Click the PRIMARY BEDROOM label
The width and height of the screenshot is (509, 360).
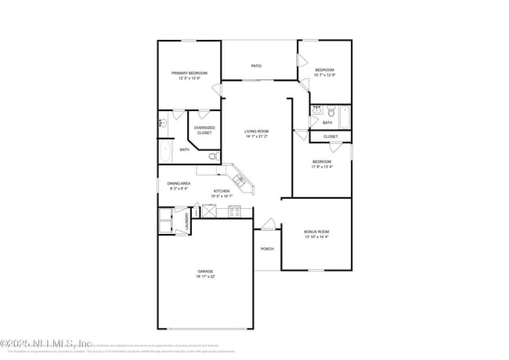(x=190, y=73)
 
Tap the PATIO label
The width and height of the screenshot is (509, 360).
(x=256, y=66)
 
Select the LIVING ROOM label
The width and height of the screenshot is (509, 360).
(x=256, y=131)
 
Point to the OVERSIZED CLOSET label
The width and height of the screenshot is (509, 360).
(x=204, y=130)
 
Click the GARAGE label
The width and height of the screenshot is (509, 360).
(x=205, y=272)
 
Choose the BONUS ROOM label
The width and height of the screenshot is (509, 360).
(x=316, y=232)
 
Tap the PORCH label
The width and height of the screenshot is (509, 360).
(x=266, y=249)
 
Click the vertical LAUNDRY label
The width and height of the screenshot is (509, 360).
(x=186, y=222)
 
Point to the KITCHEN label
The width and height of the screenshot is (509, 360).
(x=222, y=191)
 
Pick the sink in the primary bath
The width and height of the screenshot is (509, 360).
(x=163, y=122)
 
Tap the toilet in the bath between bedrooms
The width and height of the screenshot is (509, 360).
(x=330, y=110)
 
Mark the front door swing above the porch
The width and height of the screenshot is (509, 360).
(x=269, y=225)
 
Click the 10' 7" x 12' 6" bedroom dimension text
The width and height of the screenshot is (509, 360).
(x=325, y=75)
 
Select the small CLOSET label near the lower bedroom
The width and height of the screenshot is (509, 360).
(x=330, y=136)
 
